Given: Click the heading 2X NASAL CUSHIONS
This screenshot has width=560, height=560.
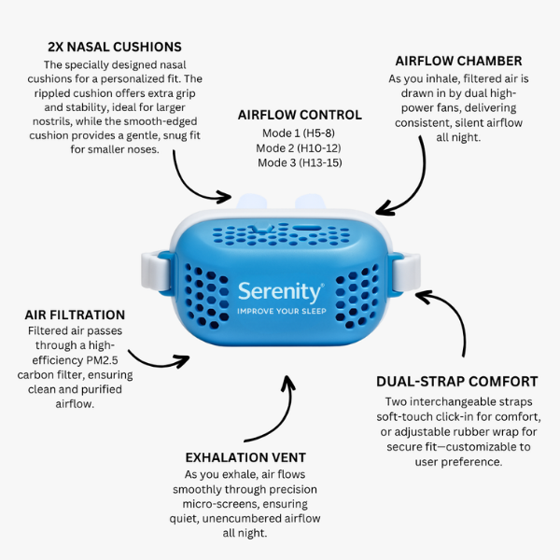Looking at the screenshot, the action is (115, 47).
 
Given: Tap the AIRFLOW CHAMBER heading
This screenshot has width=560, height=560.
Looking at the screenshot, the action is (458, 61).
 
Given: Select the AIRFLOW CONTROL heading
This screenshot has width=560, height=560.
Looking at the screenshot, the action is (300, 115).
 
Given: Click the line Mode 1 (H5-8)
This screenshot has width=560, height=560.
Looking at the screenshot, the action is (299, 133).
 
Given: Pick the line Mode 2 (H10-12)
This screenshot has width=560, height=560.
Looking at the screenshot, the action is (299, 147).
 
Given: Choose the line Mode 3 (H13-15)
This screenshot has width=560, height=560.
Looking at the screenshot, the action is (300, 162).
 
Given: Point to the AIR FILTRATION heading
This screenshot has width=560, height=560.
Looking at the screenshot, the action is (75, 315).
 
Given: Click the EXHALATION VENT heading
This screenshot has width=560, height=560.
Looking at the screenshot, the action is (245, 457).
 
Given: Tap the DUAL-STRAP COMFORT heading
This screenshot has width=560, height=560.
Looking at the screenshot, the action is (457, 382).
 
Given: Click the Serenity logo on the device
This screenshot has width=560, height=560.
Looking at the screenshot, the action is (281, 292).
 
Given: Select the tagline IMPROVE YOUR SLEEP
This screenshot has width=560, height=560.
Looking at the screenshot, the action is (282, 311).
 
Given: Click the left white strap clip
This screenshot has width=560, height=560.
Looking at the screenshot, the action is (156, 270).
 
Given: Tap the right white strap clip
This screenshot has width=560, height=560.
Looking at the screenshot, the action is (406, 272).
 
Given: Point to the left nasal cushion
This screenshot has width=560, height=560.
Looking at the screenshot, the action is (251, 202).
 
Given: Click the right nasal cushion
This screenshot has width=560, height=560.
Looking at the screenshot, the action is (310, 202).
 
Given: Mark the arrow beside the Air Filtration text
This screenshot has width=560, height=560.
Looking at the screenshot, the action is (157, 364).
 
